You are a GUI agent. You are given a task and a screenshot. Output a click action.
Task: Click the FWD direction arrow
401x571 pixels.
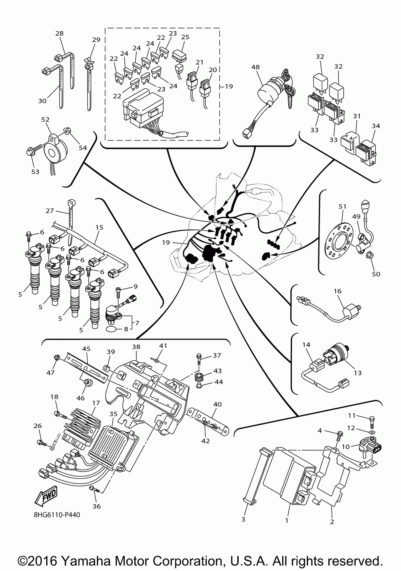[47, 496]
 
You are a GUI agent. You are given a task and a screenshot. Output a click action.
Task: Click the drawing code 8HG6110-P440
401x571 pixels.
[57, 515]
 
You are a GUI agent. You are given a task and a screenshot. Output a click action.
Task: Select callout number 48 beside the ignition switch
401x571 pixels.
[255, 67]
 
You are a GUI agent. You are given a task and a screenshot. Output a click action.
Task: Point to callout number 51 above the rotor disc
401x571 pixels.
[342, 206]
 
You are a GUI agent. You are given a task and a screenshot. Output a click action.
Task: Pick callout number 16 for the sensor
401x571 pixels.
[338, 291]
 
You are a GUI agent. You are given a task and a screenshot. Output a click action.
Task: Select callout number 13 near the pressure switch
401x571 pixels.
[358, 373]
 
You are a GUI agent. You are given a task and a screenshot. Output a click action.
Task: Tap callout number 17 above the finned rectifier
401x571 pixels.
[96, 403]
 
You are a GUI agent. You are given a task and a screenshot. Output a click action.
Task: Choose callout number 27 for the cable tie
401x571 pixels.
[50, 211]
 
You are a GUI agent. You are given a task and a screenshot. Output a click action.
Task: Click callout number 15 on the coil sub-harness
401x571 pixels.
[99, 227]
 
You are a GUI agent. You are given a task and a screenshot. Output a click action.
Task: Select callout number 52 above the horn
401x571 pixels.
[45, 120]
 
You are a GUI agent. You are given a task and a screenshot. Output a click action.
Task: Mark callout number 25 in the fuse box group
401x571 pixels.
[185, 37]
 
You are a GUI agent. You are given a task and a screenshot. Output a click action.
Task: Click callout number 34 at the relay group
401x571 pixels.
[375, 126]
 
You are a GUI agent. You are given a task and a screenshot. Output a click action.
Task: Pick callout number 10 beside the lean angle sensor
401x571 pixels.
[346, 446]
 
